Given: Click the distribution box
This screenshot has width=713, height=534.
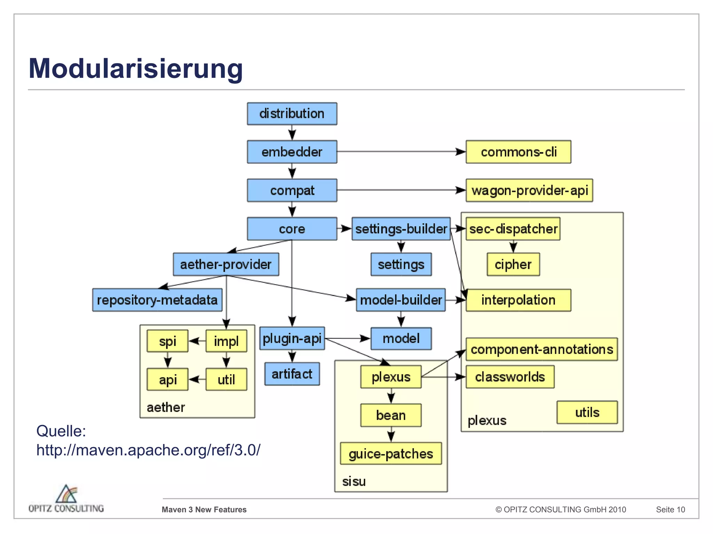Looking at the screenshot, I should click(x=292, y=114).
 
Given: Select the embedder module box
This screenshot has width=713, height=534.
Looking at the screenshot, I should click(x=292, y=152).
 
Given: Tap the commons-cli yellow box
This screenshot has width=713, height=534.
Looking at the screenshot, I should click(x=518, y=152).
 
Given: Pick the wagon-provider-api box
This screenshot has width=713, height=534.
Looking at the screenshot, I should click(x=529, y=191).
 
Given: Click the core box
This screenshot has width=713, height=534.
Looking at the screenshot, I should click(x=292, y=229).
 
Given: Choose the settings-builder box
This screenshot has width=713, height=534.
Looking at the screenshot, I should click(x=401, y=229).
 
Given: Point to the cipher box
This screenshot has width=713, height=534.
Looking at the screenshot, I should click(x=513, y=265).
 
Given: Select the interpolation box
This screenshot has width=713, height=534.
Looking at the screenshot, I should click(x=518, y=300).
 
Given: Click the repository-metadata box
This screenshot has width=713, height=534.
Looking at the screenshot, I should click(x=157, y=300).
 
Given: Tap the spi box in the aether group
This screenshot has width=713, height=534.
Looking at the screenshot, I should click(x=167, y=341).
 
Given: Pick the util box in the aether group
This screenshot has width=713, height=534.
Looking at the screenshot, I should click(x=226, y=380).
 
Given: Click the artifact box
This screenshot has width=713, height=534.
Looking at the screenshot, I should click(x=292, y=374).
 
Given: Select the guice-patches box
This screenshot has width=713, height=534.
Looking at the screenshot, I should click(x=391, y=454).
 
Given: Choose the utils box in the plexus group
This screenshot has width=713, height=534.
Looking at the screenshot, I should click(x=587, y=412).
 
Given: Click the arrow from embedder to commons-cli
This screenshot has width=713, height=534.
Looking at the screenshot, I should click(x=400, y=152).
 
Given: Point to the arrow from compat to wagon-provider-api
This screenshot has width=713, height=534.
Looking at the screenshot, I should click(x=400, y=190).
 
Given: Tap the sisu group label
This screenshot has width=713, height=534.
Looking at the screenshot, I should click(x=354, y=482).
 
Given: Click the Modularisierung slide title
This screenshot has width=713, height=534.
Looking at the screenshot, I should click(x=136, y=68).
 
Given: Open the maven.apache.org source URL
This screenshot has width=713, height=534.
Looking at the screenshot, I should click(x=148, y=450).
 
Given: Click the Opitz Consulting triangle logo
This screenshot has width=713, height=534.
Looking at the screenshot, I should click(x=66, y=494).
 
